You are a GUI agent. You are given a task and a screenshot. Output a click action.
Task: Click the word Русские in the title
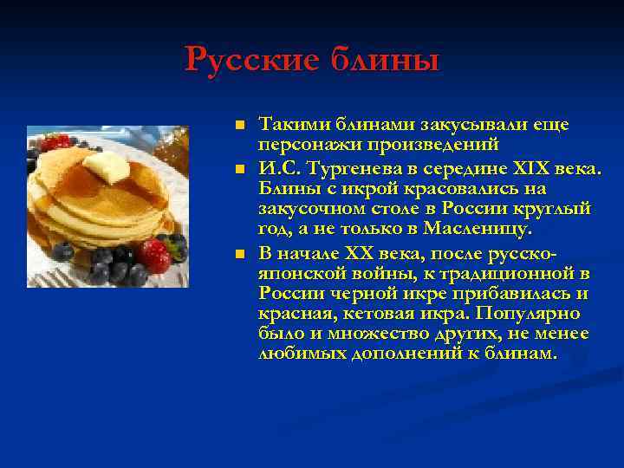click(x=252, y=60)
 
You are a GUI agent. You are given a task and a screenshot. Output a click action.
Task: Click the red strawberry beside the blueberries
click(x=155, y=256)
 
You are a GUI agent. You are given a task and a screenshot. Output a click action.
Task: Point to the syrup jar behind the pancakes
click(x=174, y=147)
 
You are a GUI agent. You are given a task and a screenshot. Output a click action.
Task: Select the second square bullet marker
click(x=242, y=167)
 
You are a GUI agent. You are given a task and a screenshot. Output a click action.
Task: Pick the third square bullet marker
click(x=242, y=252)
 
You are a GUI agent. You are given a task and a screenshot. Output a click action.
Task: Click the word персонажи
click(x=309, y=146)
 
